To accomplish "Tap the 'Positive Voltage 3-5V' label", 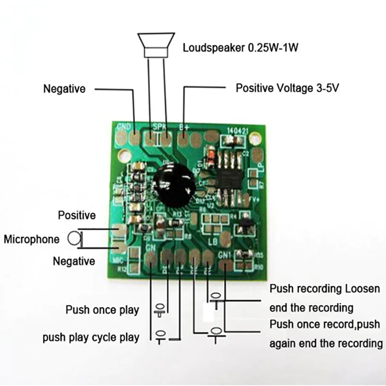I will pos(287,88).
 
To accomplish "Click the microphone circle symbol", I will pos(74,238).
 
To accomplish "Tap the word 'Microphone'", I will pos(31,239).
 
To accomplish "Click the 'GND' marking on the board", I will pos(124,127).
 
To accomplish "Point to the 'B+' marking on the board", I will pos(184,128).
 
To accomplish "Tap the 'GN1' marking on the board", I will pos(225,255).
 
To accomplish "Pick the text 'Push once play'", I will pos(102,309).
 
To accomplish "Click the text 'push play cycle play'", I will pos(91,337).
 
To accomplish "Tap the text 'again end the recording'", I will pos(326,344).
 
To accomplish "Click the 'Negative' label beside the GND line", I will pos(64,89).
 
